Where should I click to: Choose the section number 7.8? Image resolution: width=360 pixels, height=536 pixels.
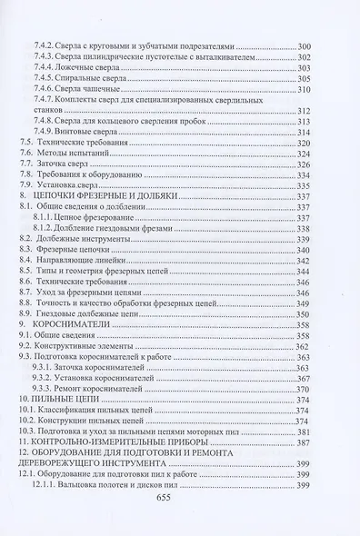[x=28, y=176]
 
